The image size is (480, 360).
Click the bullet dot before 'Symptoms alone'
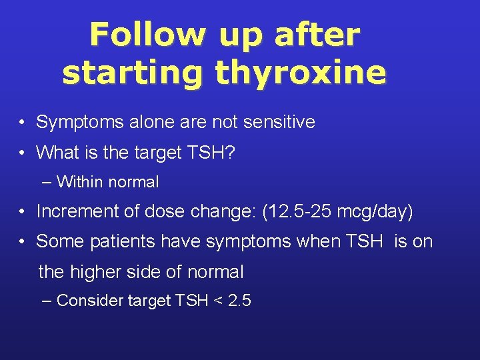[x=23, y=123]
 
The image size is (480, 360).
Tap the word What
[x=57, y=153]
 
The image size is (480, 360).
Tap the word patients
[x=107, y=241]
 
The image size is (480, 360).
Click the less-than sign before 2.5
[x=216, y=301]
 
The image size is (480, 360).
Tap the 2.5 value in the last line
[x=239, y=301]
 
